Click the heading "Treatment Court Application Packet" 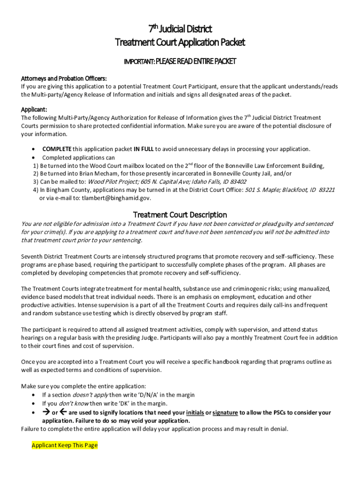point(180,43)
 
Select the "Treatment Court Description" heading point(180,215)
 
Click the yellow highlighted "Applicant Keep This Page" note point(65,445)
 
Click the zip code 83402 point(238,182)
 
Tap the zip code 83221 point(325,190)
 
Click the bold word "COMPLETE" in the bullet point(57,149)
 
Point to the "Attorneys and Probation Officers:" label point(64,78)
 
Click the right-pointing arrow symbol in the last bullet point(46,412)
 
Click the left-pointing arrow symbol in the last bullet point(63,412)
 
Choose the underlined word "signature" point(225,413)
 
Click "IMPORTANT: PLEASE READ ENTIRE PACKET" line point(180,61)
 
